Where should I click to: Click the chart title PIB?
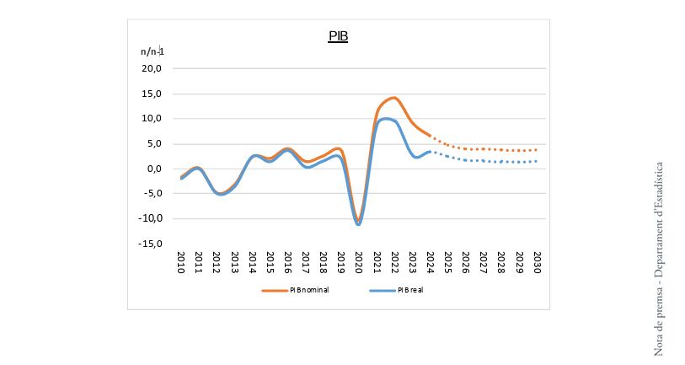(x=338, y=37)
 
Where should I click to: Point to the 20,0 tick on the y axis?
(x=153, y=69)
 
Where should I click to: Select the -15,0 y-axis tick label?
(x=151, y=244)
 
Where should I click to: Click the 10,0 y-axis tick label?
(x=153, y=119)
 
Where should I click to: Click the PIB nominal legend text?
(x=309, y=290)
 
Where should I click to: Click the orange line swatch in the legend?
(x=274, y=290)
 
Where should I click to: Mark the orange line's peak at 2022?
(x=393, y=98)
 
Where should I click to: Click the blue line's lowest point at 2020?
(x=359, y=224)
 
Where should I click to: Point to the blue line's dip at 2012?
(x=219, y=194)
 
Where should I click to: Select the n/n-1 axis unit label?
(x=153, y=51)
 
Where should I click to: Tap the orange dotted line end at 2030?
(x=537, y=150)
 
